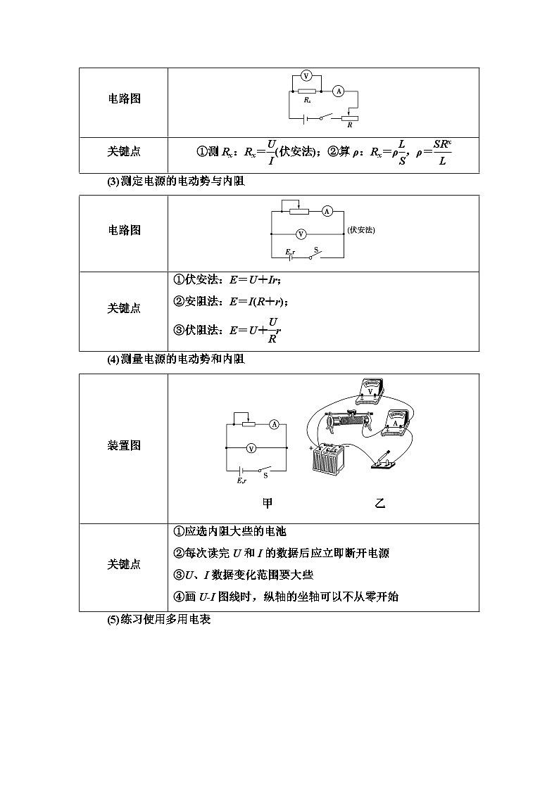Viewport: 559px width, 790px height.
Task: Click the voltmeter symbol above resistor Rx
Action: [306, 75]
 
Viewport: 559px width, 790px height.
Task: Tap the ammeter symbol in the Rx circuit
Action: [338, 91]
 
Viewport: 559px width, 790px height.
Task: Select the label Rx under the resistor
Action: [308, 101]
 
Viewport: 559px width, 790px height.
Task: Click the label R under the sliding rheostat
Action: [350, 125]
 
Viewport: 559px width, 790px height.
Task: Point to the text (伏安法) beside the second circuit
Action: [361, 229]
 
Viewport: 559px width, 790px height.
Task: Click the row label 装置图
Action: [124, 445]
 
